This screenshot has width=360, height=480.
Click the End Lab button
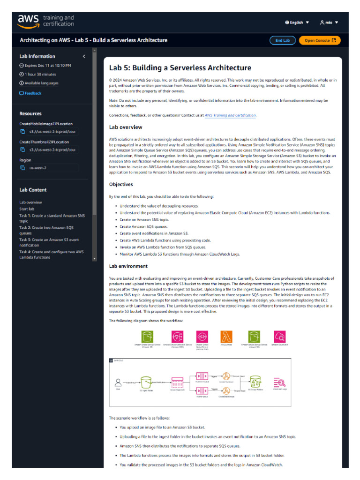[282, 40]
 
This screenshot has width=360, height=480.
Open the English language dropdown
[297, 22]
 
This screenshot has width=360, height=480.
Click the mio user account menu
[329, 22]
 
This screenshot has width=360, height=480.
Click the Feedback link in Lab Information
[30, 93]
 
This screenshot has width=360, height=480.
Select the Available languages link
[41, 83]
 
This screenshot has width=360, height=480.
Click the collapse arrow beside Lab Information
[84, 56]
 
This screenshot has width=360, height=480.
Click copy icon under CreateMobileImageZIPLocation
[22, 132]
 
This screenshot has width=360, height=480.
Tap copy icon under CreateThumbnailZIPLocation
[22, 150]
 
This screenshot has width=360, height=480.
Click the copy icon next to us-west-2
[22, 168]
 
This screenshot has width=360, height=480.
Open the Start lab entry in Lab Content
[27, 209]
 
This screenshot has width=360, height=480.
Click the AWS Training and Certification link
[230, 115]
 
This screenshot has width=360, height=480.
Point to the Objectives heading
[121, 185]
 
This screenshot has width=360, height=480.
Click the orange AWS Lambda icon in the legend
[226, 336]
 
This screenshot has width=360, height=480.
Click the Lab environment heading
[128, 266]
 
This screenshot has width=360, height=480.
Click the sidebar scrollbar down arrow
[95, 258]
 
